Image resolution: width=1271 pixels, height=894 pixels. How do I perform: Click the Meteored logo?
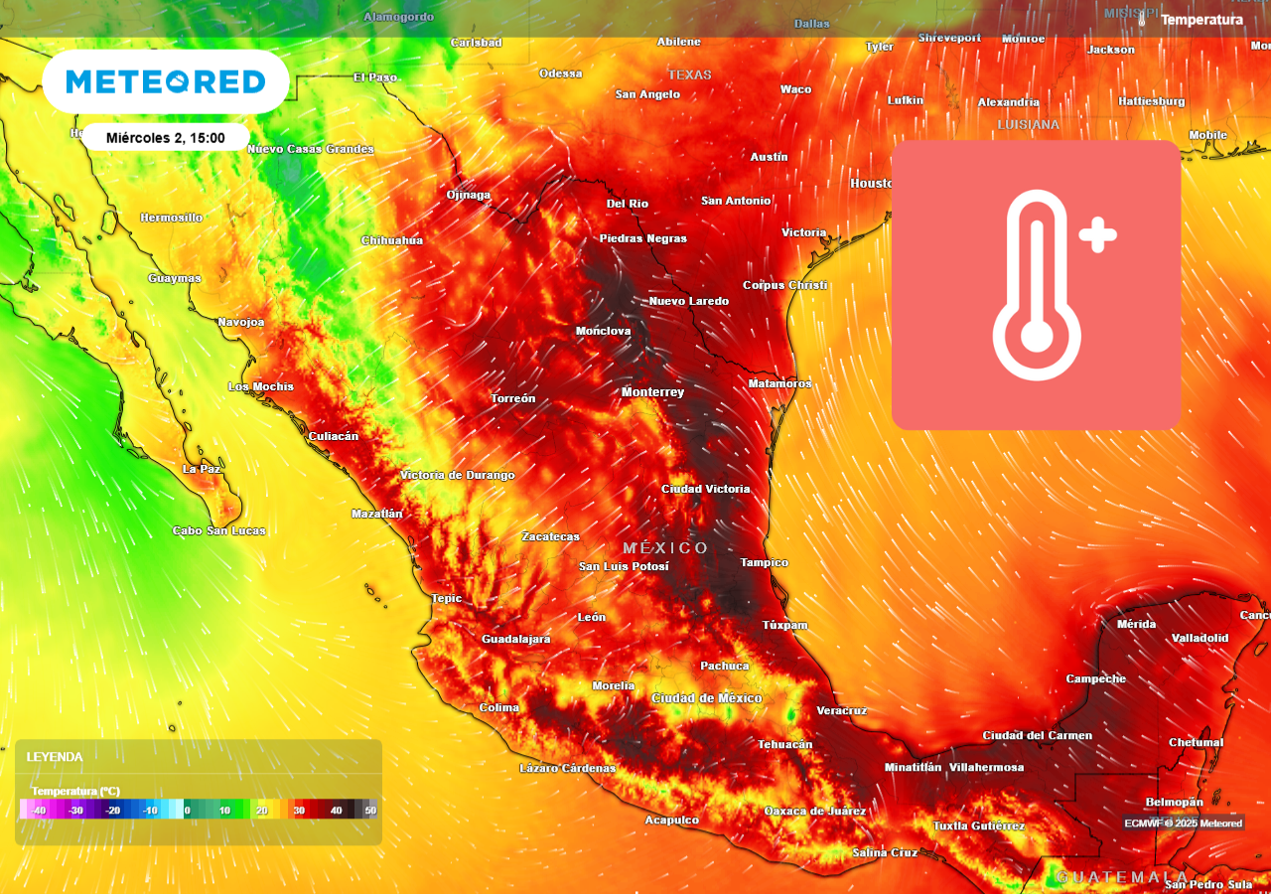coord(165,81)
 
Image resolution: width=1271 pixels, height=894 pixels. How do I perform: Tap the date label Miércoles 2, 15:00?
coord(165,138)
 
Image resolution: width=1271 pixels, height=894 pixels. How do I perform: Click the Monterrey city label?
coord(652,392)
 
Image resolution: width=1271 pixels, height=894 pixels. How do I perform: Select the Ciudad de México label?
coord(706,698)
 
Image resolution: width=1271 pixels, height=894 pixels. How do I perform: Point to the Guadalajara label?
coord(515,639)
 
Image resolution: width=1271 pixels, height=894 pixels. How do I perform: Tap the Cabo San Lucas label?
coord(218,530)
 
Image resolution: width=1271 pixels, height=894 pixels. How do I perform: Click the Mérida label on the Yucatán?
coord(1136,624)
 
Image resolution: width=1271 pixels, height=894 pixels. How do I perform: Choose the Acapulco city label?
coord(671,820)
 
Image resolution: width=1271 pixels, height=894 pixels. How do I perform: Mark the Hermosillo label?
coord(171,218)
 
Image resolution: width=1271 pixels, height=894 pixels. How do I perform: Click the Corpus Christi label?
coord(784,285)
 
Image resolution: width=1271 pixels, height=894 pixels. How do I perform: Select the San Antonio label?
coord(736,201)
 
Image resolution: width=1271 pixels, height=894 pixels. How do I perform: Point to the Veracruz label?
coord(841,710)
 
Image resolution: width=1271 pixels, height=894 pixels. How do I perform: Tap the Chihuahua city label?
coord(391,240)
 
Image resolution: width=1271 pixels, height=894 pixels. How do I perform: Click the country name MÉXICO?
coord(665,548)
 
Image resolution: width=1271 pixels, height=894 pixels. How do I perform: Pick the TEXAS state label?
coord(689,74)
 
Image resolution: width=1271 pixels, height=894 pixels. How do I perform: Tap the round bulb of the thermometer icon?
coord(1037,336)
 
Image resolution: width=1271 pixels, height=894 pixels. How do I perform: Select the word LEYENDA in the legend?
coord(55,757)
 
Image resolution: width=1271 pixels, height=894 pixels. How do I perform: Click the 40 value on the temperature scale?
coord(336,811)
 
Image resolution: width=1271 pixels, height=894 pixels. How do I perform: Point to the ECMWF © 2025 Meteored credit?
coord(1183,822)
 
